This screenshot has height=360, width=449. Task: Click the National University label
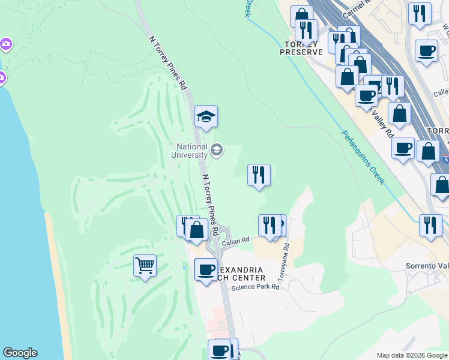(191, 151)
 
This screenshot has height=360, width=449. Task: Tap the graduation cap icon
(206, 117)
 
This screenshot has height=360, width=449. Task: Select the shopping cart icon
(145, 265)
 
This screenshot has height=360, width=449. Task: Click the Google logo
(20, 353)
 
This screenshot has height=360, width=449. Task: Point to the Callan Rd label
(235, 241)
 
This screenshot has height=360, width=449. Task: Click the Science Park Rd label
(256, 287)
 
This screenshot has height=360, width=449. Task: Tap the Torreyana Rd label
(283, 263)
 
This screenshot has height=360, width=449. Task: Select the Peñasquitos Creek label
(363, 157)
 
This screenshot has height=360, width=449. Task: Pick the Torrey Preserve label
(301, 48)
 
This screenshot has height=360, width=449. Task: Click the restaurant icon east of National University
(259, 175)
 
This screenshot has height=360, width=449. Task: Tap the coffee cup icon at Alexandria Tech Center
(206, 269)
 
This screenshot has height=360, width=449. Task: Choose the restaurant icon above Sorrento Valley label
(430, 226)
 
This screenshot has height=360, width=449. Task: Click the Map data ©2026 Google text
(411, 355)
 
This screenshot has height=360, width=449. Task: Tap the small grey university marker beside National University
(217, 149)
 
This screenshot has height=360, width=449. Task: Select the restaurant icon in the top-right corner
(420, 13)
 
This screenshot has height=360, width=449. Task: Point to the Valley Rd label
(382, 123)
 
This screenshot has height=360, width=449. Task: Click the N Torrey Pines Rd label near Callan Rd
(209, 197)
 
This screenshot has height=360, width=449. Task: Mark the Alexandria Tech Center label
(237, 274)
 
